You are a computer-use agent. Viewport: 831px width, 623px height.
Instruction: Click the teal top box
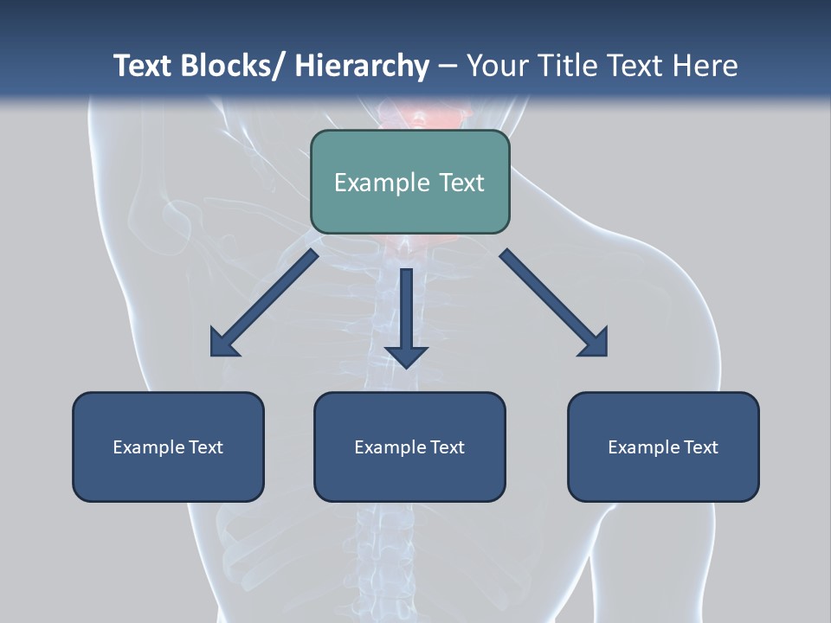tap(409, 182)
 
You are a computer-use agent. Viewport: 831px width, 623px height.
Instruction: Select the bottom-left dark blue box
tap(168, 446)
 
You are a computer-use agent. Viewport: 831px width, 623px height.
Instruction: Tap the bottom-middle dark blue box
tap(409, 446)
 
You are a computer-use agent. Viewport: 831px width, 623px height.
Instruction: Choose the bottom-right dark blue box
tap(663, 446)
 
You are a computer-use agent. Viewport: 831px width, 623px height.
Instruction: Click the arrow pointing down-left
tap(264, 303)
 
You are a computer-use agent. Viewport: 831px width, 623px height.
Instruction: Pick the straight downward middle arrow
tap(406, 317)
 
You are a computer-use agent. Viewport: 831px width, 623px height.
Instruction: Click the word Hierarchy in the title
tap(362, 66)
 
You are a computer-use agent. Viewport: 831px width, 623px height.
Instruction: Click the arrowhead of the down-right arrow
tap(594, 343)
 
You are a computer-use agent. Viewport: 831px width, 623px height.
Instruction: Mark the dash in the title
tap(448, 66)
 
